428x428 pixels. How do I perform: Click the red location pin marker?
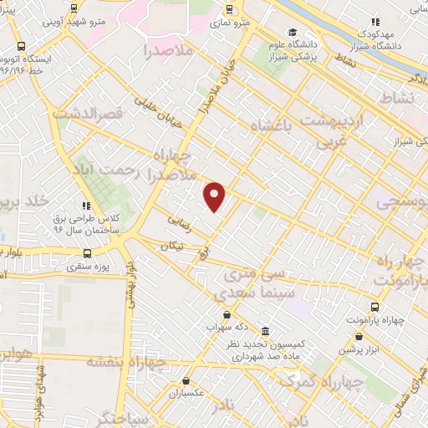(x=215, y=196)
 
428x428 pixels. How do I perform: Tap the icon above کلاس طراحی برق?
(x=84, y=205)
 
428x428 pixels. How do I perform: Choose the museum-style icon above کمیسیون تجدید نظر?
(x=265, y=330)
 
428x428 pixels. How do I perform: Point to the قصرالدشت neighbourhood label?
(x=88, y=112)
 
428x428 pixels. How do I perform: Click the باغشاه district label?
(x=275, y=125)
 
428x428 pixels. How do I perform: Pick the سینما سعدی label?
(x=247, y=293)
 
